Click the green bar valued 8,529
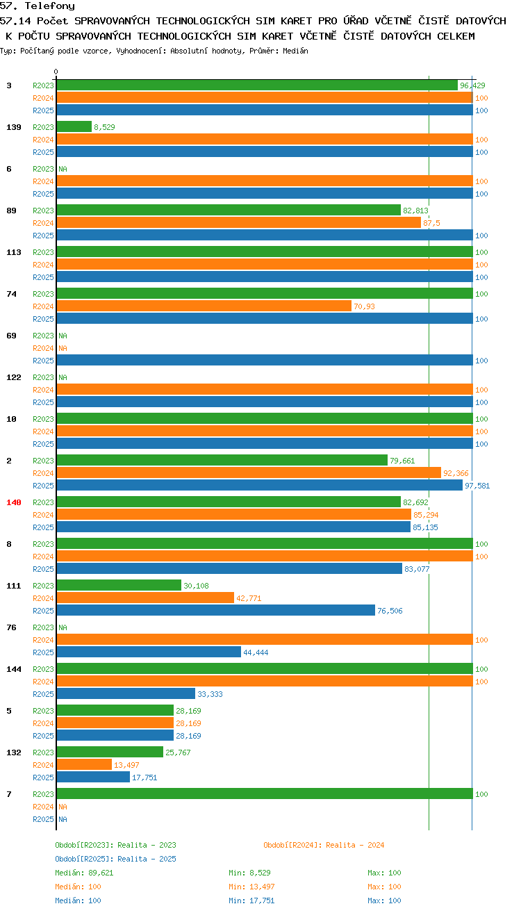[x=74, y=126]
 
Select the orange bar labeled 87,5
[x=239, y=222]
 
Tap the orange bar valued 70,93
[x=204, y=306]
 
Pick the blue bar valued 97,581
[x=260, y=485]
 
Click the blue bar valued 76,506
[x=216, y=610]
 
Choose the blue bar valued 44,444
[x=149, y=652]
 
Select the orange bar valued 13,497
[x=84, y=764]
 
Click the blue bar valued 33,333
[x=126, y=693]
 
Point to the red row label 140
[x=13, y=502]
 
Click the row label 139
[x=13, y=127]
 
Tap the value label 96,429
[x=472, y=85]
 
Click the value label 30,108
[x=196, y=586]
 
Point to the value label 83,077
[x=417, y=569]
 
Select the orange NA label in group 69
[x=63, y=348]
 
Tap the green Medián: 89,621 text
[x=84, y=873]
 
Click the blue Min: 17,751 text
[x=251, y=900]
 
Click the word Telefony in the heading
[x=50, y=6]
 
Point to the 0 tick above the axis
[x=56, y=72]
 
